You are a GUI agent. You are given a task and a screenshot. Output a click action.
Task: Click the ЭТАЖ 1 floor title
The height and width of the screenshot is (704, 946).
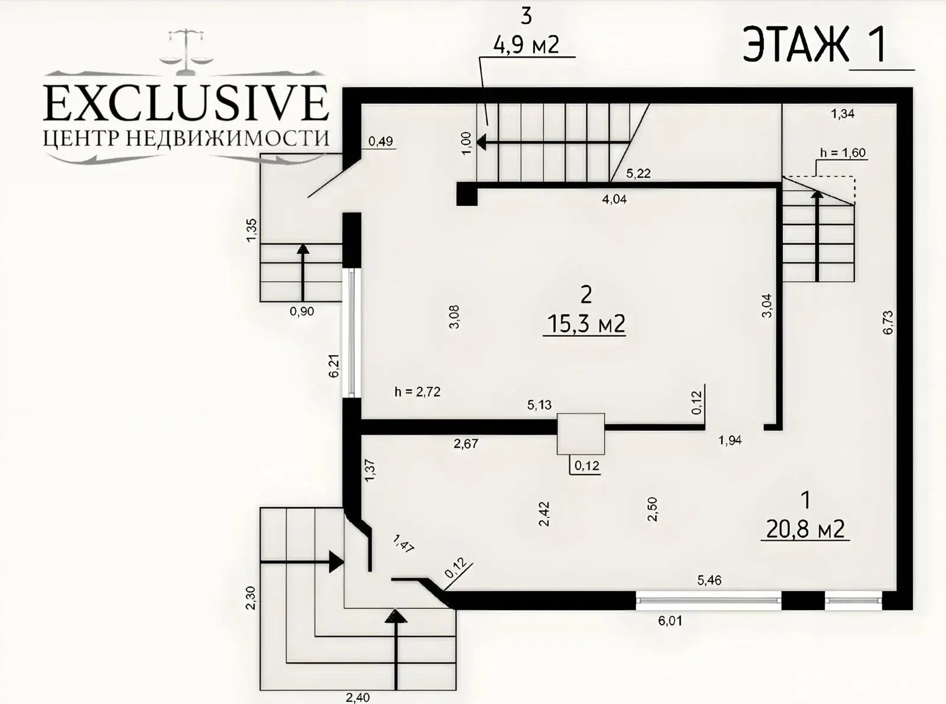point(815,46)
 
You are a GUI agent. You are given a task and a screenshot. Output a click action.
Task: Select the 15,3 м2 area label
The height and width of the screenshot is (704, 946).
point(585,324)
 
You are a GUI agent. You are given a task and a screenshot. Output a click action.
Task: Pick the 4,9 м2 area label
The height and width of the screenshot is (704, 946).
point(526,44)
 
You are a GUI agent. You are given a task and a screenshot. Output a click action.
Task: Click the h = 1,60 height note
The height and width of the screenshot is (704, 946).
point(843,153)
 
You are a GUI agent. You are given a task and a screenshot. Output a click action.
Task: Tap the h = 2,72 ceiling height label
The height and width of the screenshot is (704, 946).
point(417,391)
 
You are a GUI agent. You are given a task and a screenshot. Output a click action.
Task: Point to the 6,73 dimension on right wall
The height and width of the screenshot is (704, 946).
point(887,323)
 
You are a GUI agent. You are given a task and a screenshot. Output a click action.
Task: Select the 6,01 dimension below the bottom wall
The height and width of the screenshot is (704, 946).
point(670,621)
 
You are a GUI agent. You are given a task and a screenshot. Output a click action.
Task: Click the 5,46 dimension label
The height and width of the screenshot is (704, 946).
point(710,580)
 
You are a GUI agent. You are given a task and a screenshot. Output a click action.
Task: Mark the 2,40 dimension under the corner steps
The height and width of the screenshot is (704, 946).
point(358,697)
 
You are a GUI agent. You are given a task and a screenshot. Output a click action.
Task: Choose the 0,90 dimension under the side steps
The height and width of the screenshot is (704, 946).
point(302,312)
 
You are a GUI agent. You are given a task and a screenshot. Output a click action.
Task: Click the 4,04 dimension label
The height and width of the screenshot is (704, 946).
point(614,199)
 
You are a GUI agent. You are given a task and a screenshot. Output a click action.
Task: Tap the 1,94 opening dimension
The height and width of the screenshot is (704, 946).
point(730,440)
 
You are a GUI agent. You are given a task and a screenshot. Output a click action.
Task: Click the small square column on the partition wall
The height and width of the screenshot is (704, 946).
point(581,434)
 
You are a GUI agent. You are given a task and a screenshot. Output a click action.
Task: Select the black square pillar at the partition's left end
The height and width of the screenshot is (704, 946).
point(466,194)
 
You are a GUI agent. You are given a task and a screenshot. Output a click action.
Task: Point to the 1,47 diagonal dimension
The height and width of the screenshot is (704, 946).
point(403,544)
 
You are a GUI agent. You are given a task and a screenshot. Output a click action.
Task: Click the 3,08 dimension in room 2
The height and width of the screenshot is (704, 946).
point(454,316)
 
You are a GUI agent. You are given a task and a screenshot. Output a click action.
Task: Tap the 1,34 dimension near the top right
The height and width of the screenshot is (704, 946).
point(843,114)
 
